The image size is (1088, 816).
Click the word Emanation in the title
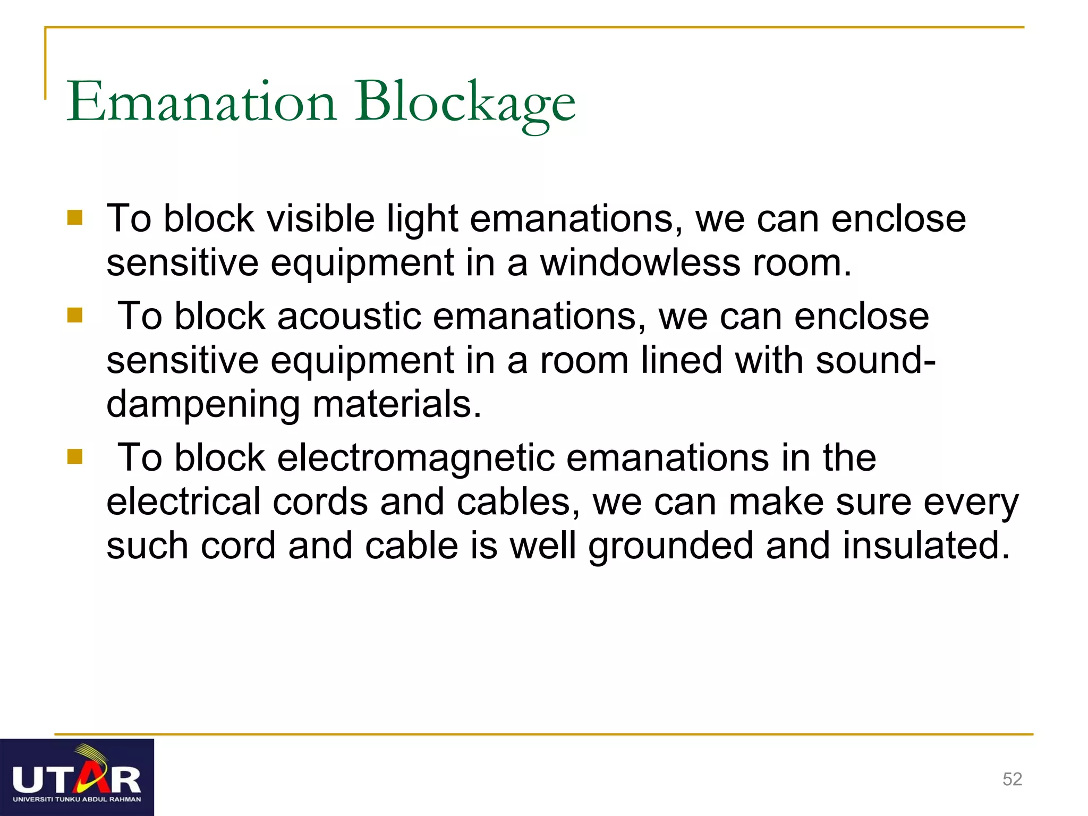201,101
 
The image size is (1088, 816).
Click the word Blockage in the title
465,101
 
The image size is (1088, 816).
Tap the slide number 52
1012,779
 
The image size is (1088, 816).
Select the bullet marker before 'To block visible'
75,218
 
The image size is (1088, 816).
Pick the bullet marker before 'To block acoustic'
75,316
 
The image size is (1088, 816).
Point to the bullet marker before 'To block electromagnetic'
75,457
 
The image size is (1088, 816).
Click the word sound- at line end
875,360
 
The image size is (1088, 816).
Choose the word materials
397,404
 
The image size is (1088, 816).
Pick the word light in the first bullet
422,218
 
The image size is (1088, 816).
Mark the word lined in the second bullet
682,360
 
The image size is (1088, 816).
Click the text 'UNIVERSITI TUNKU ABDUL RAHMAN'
77,799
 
